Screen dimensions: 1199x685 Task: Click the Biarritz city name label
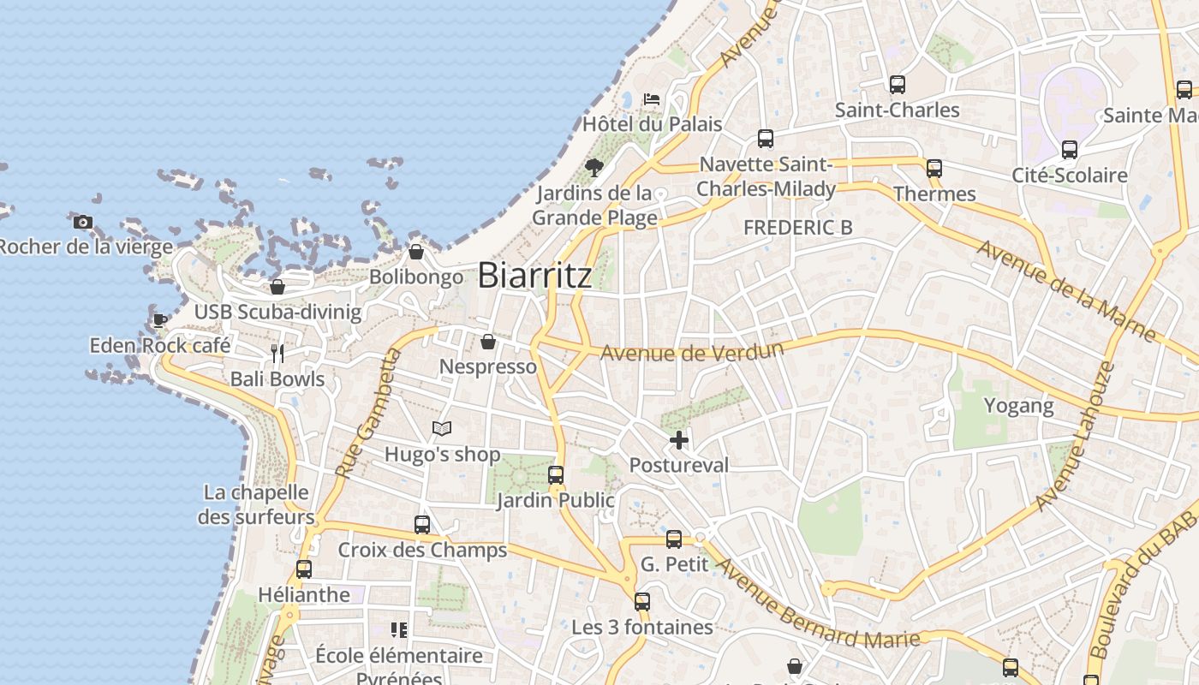coord(534,275)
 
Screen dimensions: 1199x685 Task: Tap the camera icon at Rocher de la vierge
coord(83,223)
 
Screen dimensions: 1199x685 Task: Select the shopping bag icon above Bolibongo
coord(415,252)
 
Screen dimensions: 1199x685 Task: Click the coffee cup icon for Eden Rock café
coord(159,321)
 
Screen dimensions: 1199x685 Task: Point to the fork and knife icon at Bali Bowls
coord(277,354)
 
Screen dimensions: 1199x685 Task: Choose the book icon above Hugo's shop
coord(441,428)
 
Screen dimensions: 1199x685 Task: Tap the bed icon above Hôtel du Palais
coord(652,99)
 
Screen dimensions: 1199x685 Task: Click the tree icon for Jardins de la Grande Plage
coord(594,167)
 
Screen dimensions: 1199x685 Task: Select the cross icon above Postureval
coord(679,440)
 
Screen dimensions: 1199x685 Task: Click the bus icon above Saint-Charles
coord(897,85)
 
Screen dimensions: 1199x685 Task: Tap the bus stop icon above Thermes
coord(934,169)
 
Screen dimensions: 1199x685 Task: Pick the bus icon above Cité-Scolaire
coord(1069,150)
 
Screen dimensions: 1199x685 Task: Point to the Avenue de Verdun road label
coord(692,351)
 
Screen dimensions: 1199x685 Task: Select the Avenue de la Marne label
coord(1066,291)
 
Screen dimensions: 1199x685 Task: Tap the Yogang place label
coord(1018,405)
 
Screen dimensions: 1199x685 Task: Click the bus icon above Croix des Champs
coord(422,525)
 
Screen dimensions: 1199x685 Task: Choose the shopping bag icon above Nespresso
coord(488,342)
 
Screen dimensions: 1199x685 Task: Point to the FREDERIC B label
coord(797,228)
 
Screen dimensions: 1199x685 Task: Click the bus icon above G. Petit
coord(674,539)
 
